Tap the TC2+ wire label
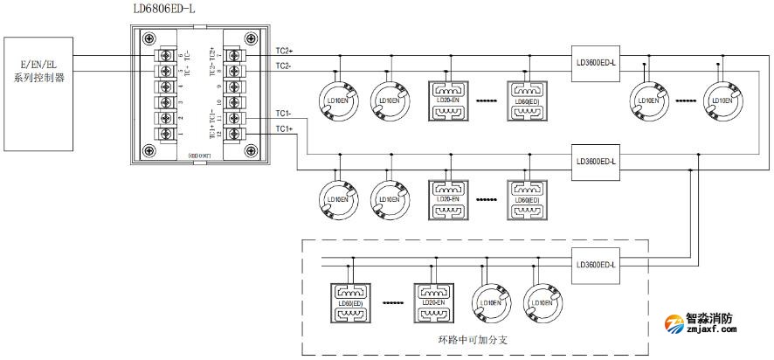coord(285,52)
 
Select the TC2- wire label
coord(284,66)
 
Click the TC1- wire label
coord(284,114)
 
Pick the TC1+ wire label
coord(284,129)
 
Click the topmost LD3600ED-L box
coord(597,62)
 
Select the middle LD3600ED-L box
coord(597,161)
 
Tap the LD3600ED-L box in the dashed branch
coord(597,265)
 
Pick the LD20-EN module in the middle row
coord(449,201)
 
